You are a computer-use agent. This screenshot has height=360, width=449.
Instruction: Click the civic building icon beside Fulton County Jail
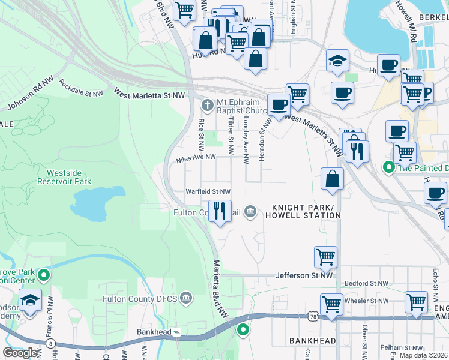250,212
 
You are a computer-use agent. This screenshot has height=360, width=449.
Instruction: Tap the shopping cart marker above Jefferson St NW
325,257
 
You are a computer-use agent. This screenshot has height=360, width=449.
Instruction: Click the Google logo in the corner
20,353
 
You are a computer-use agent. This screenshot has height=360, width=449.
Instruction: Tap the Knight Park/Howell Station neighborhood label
303,211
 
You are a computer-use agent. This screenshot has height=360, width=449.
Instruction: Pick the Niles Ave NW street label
196,157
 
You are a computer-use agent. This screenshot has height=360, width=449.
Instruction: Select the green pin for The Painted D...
388,167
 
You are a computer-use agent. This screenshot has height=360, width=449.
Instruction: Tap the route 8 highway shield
48,344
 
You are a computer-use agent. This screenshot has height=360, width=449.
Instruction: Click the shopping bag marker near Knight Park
332,179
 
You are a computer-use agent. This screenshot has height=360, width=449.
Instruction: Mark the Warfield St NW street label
208,191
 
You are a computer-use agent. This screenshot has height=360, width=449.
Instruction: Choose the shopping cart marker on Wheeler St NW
331,304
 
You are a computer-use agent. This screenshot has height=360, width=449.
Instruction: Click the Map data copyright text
423,355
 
